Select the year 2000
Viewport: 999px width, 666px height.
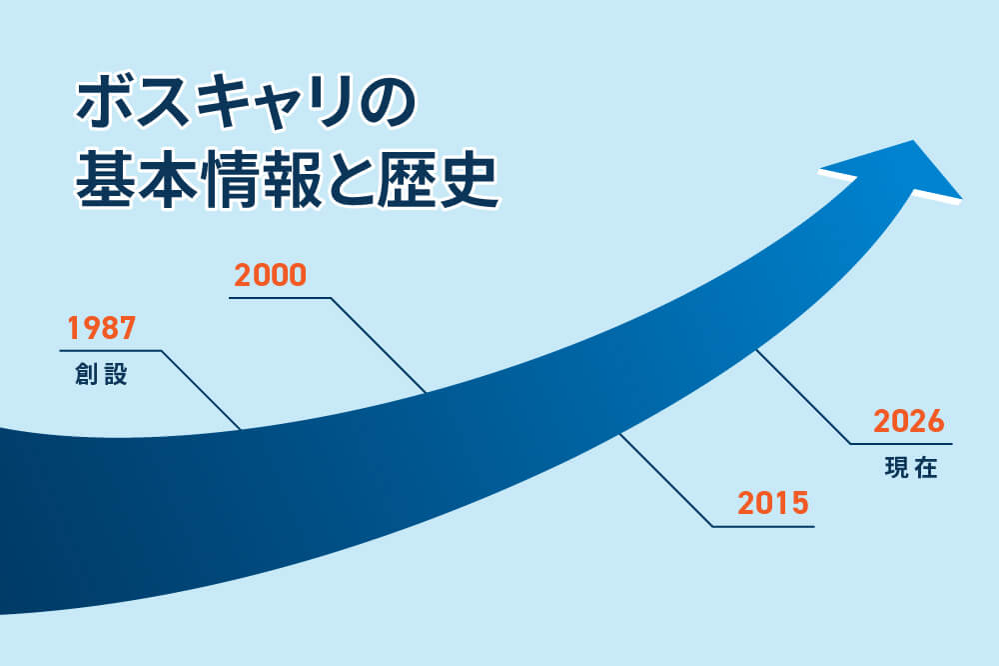[x=269, y=275]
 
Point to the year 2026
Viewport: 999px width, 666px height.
[x=908, y=421]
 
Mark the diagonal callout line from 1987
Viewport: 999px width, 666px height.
[x=200, y=390]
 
